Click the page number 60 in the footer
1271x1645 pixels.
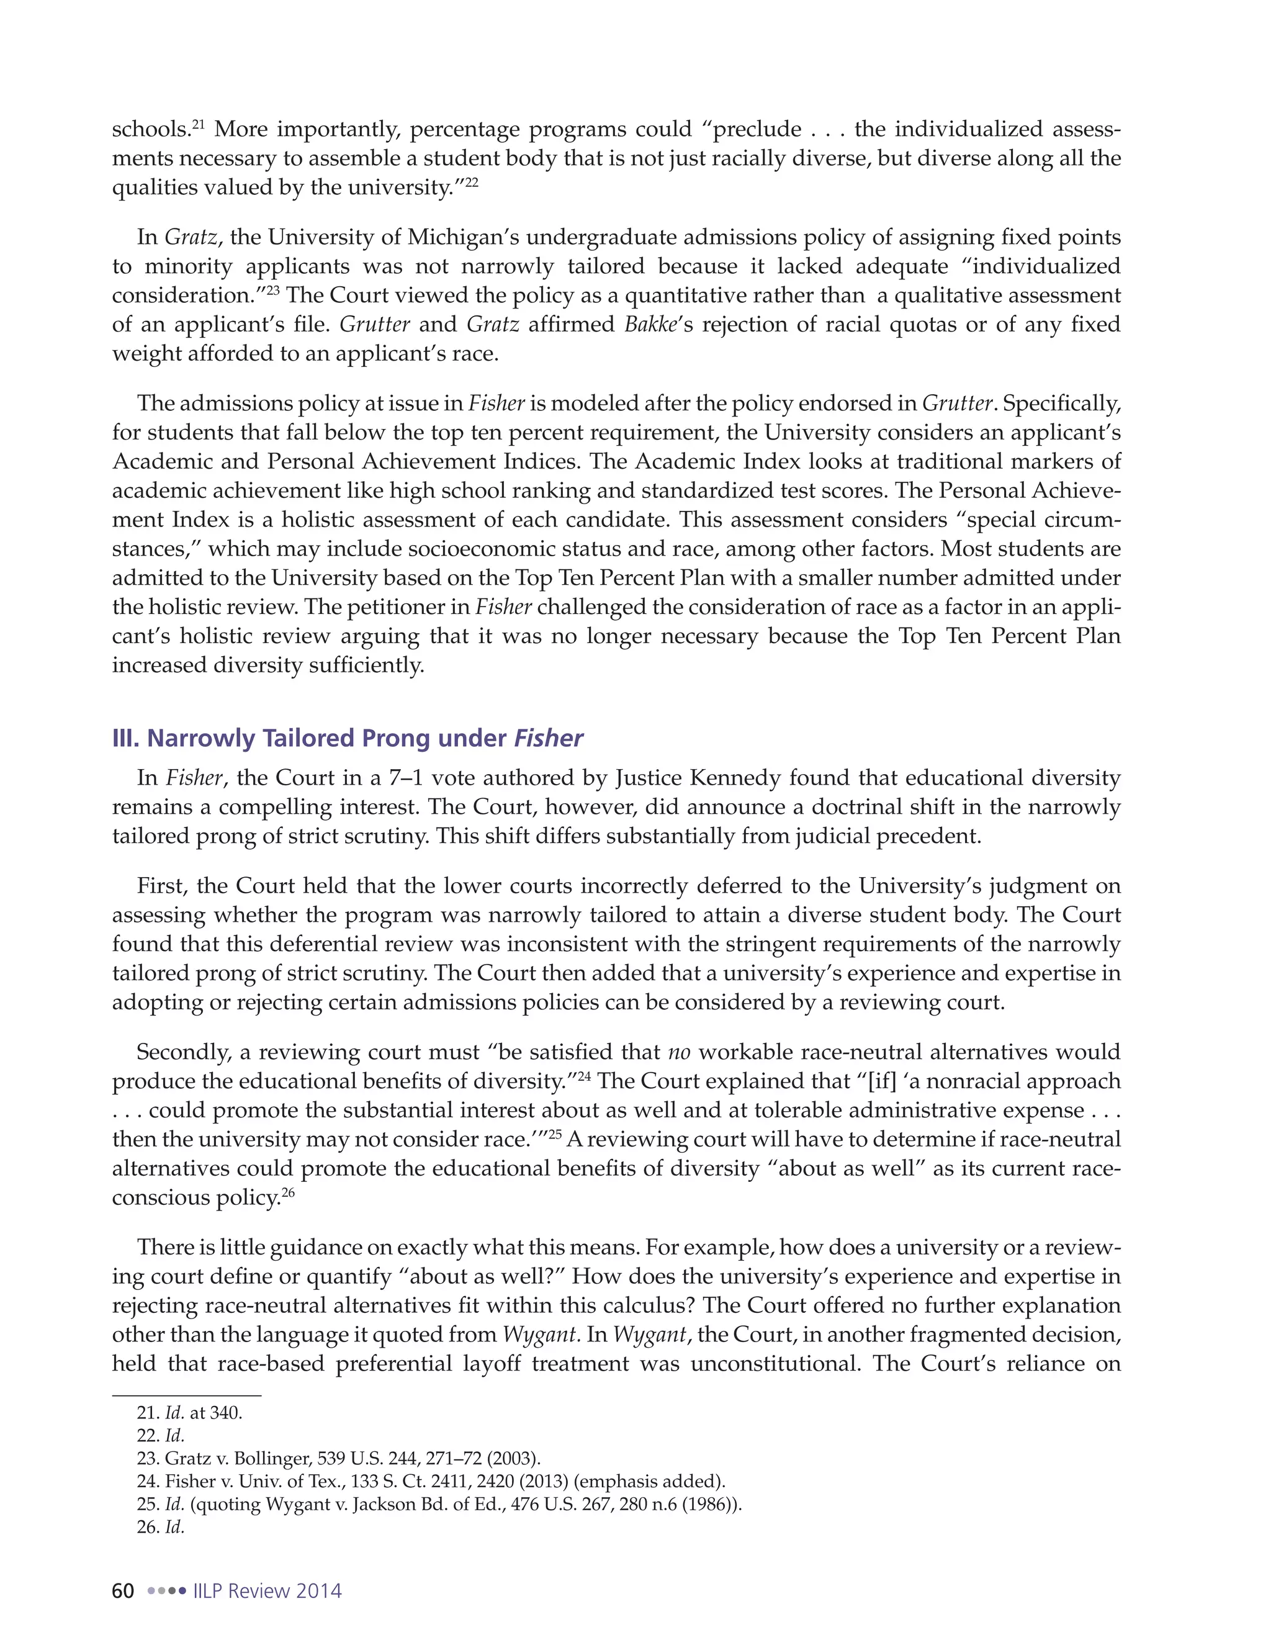click(x=123, y=1591)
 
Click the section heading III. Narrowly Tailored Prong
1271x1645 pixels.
click(x=347, y=738)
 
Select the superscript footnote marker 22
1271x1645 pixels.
click(x=472, y=181)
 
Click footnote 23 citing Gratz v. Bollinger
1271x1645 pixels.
click(x=339, y=1458)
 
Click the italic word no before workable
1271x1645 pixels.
click(x=679, y=1052)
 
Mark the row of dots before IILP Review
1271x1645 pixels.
click(x=166, y=1592)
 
